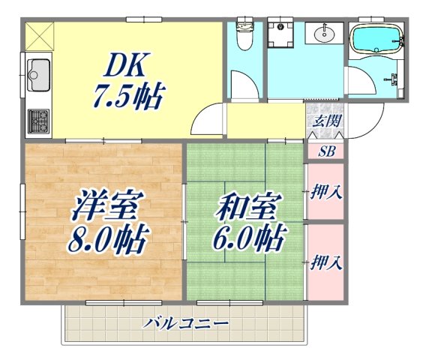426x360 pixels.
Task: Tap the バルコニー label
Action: pos(187,323)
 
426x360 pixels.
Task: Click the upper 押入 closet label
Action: pos(327,191)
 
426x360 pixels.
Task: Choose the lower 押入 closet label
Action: pos(327,262)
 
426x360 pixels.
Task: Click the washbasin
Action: pos(326,33)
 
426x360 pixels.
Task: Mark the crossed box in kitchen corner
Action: pos(39,34)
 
